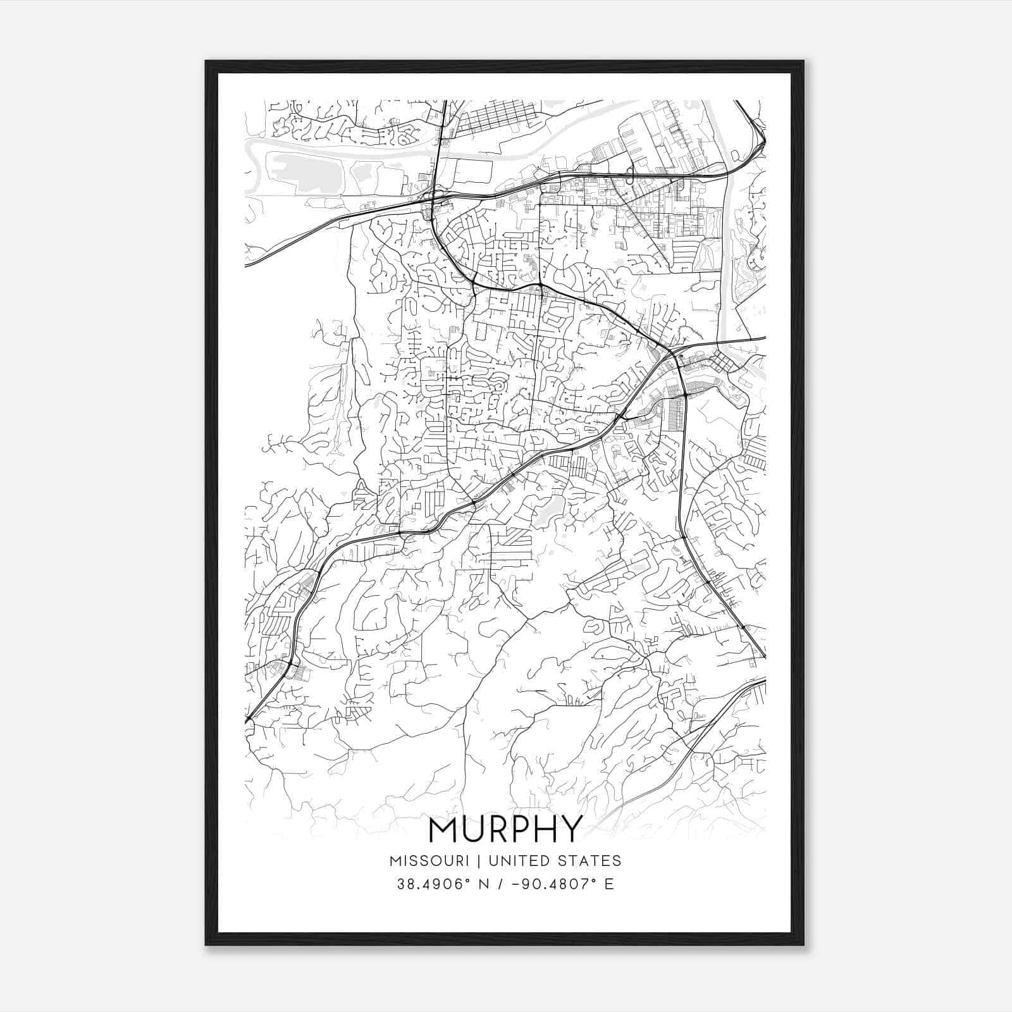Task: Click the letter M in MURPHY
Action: click(x=445, y=829)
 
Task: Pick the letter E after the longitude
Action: click(x=609, y=884)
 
